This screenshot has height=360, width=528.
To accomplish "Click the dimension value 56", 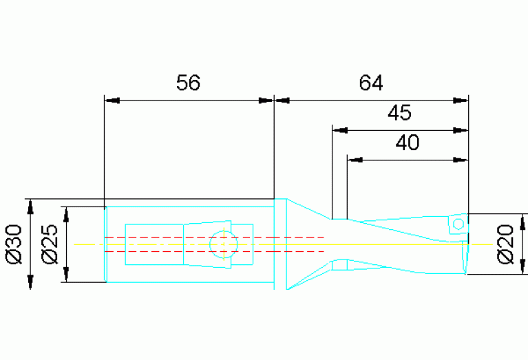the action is coord(188,83).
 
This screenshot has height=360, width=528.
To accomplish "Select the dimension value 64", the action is coord(371,83).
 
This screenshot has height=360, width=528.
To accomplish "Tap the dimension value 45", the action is coord(399,113).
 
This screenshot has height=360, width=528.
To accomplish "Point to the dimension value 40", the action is coord(408,142).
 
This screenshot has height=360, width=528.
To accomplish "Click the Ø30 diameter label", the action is coord(14,244).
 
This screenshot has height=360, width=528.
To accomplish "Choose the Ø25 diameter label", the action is coord(50,244).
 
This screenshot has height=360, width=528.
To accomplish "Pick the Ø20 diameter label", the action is coord(505,244).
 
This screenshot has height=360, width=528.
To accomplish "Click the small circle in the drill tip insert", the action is coord(458,224).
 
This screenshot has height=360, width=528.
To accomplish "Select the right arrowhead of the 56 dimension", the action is coord(266,100).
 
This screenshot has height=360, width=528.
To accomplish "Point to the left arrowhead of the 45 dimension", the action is coord(340,130).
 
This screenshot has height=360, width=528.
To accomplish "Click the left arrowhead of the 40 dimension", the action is coord(355,160).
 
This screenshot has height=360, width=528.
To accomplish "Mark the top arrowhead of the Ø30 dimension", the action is coord(31,207).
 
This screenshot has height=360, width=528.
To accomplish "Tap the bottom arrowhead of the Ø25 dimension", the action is coord(66,275).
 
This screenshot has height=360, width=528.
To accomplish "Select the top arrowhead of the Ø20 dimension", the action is coord(523,221).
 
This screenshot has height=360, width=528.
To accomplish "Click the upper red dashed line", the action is coord(214,237).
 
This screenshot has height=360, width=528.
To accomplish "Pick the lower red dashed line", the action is coord(214,251).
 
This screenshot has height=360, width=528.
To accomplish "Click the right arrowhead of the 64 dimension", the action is coord(461,100).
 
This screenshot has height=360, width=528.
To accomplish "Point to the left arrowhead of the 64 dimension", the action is coord(282,100).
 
